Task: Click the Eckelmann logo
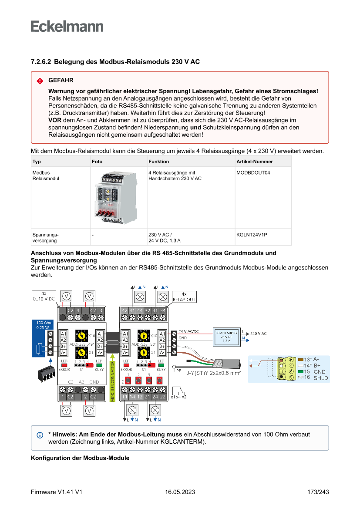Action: [67, 26]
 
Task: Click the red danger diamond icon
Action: [40, 81]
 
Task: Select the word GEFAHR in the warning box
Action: [61, 81]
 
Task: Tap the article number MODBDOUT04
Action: [253, 173]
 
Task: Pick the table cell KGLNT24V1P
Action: [252, 235]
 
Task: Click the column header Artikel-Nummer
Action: [255, 162]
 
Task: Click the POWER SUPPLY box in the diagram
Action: [226, 336]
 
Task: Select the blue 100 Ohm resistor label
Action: [42, 324]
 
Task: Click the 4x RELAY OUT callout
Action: [184, 297]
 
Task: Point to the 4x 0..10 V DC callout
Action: [44, 297]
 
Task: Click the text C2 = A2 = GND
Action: [84, 382]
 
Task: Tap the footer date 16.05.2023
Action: [180, 492]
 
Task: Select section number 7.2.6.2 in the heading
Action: [41, 62]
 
